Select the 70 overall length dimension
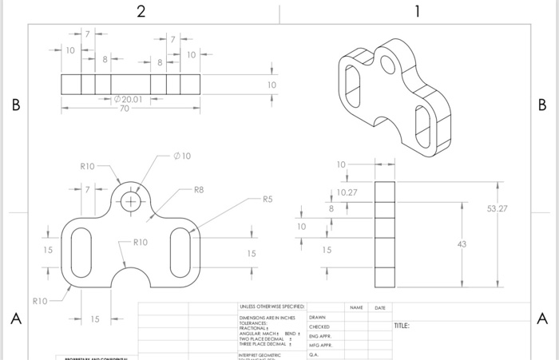124,109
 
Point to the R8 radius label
198,190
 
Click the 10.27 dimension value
347,193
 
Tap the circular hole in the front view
131,200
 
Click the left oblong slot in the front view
81,250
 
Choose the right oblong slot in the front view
180,250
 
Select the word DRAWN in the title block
319,317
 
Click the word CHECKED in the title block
319,326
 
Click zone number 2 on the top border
141,11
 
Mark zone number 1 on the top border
418,11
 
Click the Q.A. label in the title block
315,354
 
